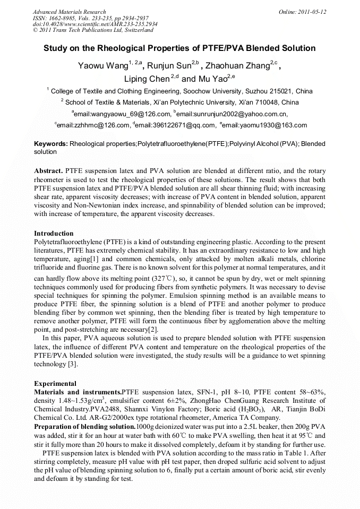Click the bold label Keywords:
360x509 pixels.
pos(51,144)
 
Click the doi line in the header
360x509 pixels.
pos(95,24)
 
